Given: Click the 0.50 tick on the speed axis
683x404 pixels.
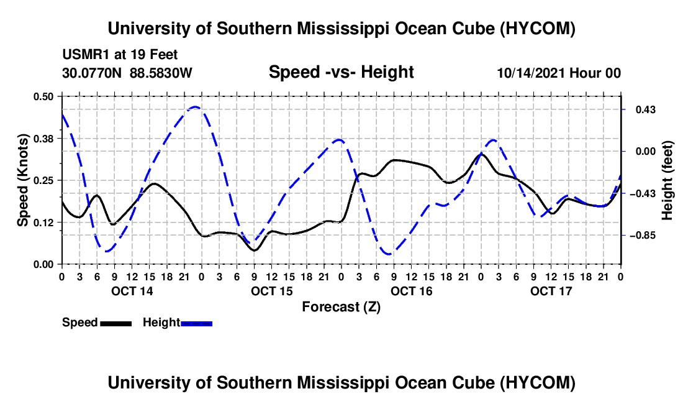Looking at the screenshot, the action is click(43, 96).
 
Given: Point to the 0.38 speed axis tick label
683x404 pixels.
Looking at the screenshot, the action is click(43, 139).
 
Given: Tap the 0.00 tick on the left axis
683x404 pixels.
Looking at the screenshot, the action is click(43, 265).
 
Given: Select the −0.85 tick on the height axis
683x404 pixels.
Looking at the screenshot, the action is click(641, 236).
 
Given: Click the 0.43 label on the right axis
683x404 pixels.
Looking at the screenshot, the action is click(646, 109).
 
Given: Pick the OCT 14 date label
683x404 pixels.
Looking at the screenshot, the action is click(132, 291).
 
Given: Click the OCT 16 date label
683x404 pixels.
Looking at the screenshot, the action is click(411, 291).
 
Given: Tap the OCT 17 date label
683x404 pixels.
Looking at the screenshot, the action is click(551, 291).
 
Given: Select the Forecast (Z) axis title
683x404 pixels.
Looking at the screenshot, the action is click(341, 307).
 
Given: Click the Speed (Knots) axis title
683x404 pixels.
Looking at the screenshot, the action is click(22, 180).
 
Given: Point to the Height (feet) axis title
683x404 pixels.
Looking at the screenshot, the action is click(667, 180).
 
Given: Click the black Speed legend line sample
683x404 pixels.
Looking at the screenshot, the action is click(116, 324).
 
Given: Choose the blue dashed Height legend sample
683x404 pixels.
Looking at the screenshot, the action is click(196, 324).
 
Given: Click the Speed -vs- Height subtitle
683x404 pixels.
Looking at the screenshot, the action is click(341, 72).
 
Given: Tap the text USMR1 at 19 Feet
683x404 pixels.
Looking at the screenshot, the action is click(120, 55).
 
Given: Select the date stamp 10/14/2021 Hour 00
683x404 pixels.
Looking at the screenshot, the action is click(559, 73).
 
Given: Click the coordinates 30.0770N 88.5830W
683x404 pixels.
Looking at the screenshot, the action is click(127, 73).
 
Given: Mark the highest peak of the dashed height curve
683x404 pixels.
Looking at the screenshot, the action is click(196, 107).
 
